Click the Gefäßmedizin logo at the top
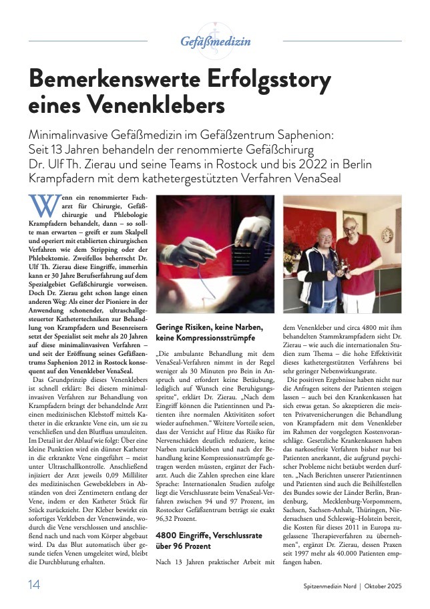(x=215, y=41)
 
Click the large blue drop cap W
(x=43, y=204)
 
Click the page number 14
(x=34, y=586)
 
